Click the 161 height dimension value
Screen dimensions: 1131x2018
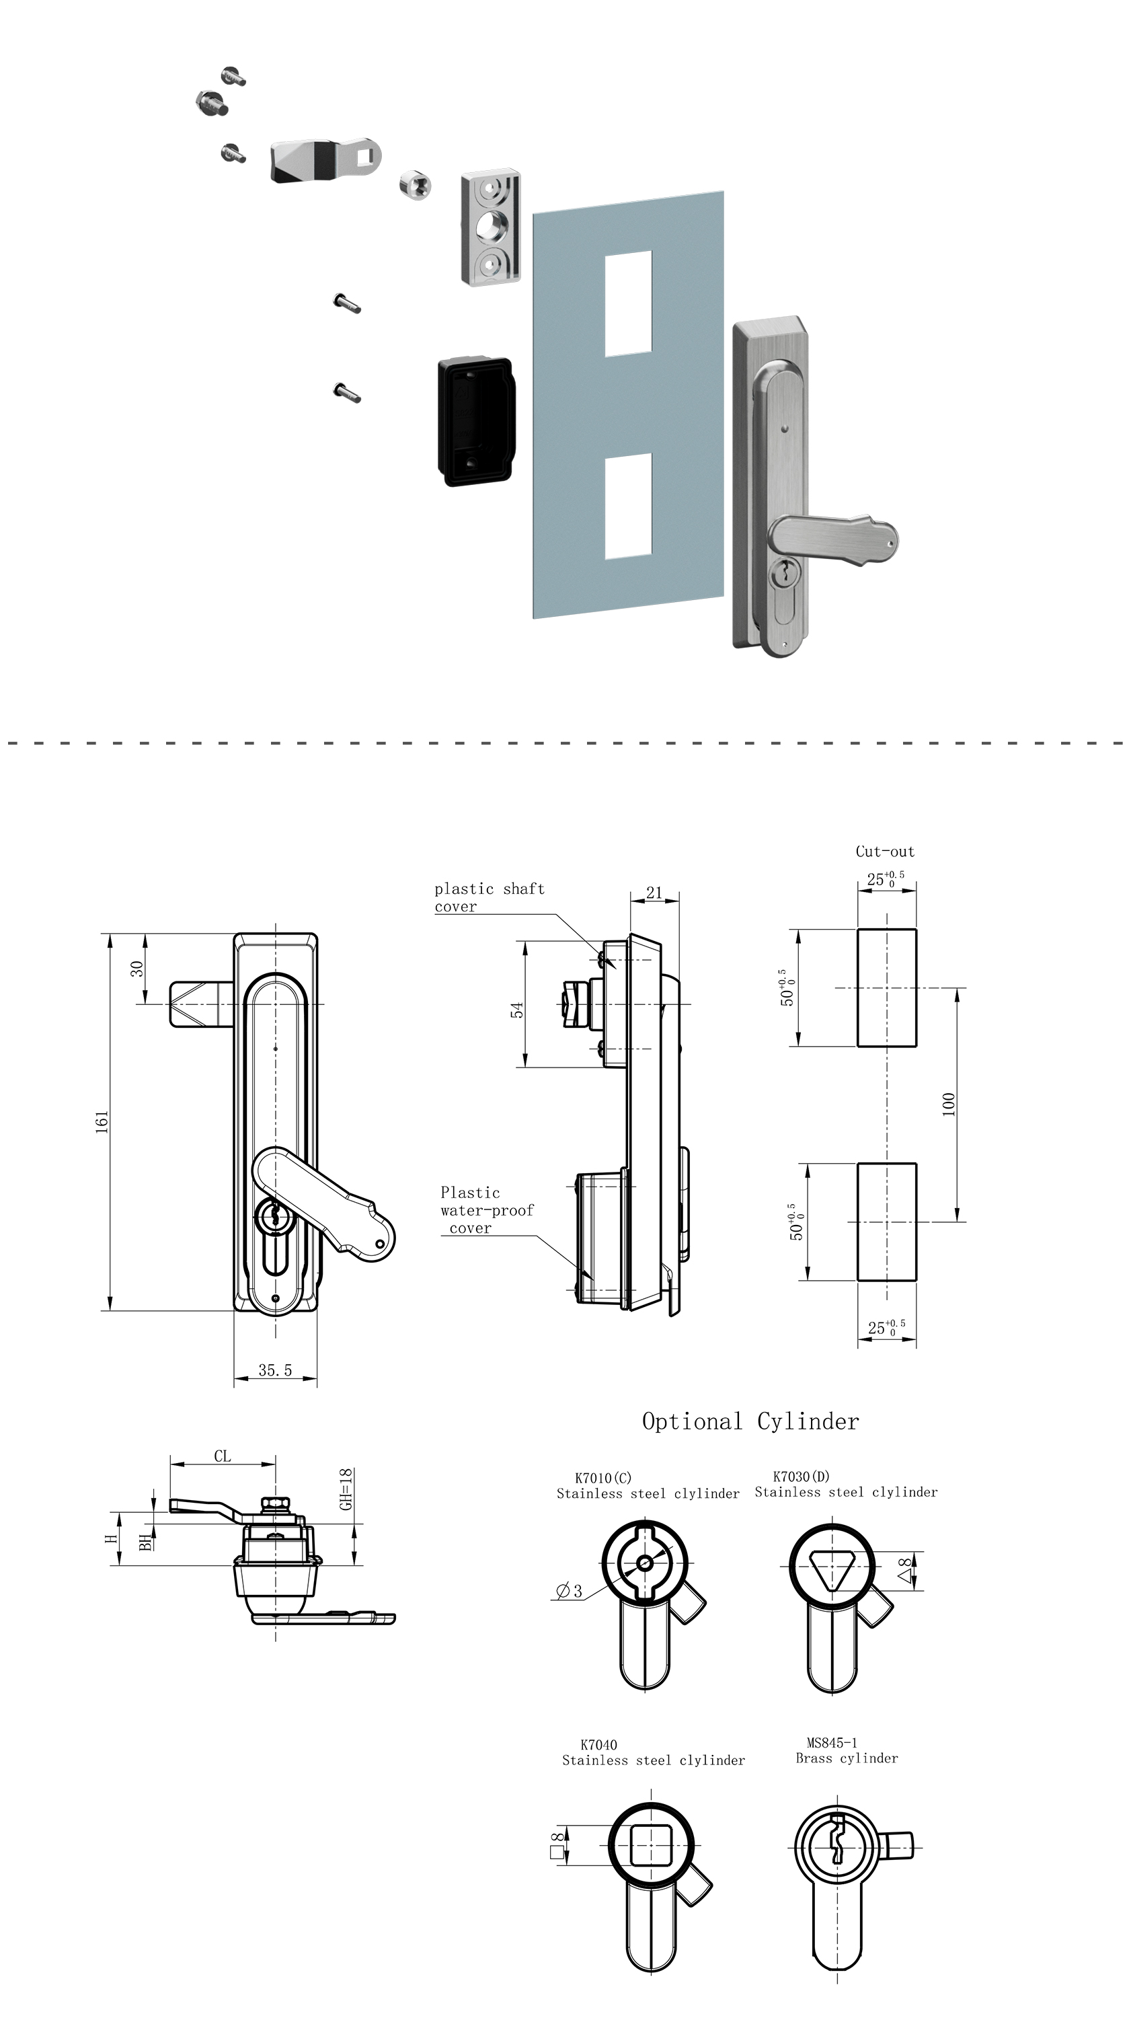coord(102,1121)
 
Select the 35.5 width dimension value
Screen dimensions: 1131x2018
coord(275,1370)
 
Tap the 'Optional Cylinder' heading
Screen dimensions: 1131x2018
coord(750,1421)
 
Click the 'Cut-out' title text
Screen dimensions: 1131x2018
coord(885,852)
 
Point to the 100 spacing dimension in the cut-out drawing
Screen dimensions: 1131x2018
coord(949,1104)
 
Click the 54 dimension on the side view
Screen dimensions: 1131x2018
coord(517,1010)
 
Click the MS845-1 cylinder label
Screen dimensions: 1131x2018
coord(832,1742)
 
